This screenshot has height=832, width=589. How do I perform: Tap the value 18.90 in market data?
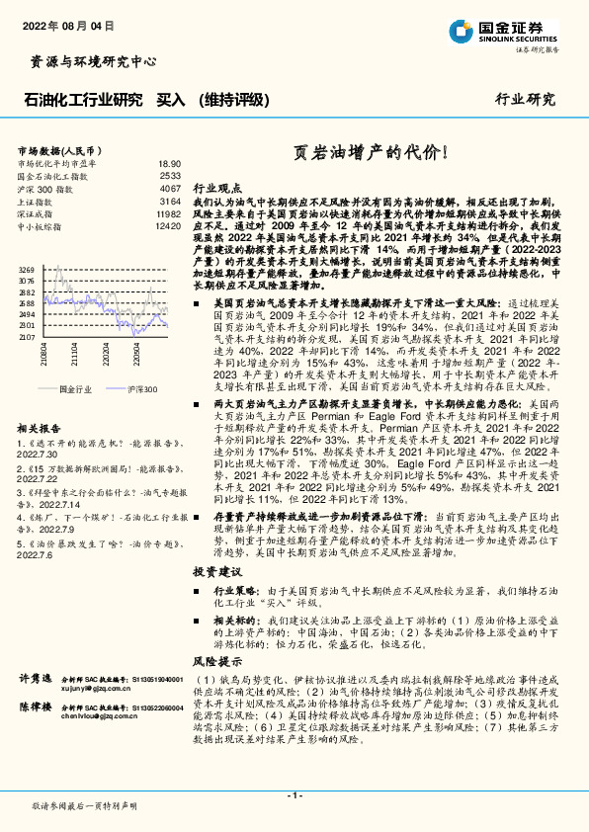(x=169, y=163)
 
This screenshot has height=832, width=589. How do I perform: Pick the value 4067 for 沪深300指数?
(x=170, y=188)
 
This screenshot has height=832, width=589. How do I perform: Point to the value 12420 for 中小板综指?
(x=168, y=226)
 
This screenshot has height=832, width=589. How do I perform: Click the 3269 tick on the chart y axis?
(x=27, y=269)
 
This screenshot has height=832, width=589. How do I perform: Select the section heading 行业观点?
(x=216, y=187)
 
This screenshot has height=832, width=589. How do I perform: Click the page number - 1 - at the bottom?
(x=294, y=795)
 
